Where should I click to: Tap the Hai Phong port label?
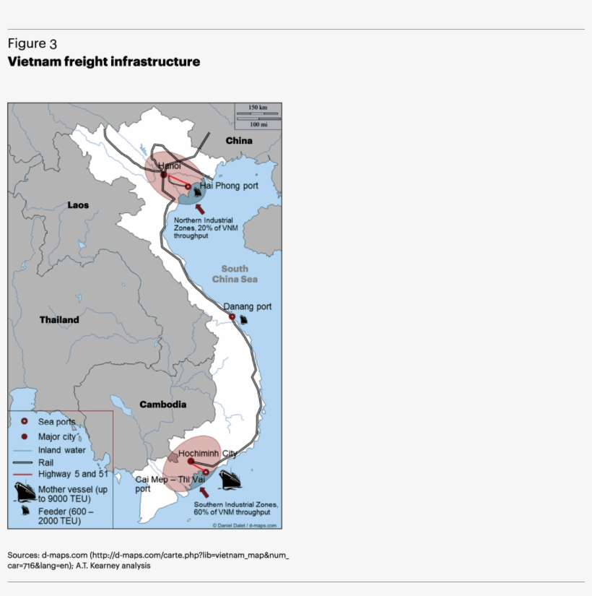229,186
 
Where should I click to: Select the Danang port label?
247,306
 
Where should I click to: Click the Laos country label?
78,205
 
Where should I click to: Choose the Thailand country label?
59,319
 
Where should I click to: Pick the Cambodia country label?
162,405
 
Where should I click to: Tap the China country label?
238,140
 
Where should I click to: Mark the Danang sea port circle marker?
232,317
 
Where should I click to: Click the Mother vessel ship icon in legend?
25,493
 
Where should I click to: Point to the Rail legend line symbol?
24,462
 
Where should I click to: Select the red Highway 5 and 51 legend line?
24,474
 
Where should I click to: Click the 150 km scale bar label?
258,108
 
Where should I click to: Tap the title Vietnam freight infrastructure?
104,62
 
